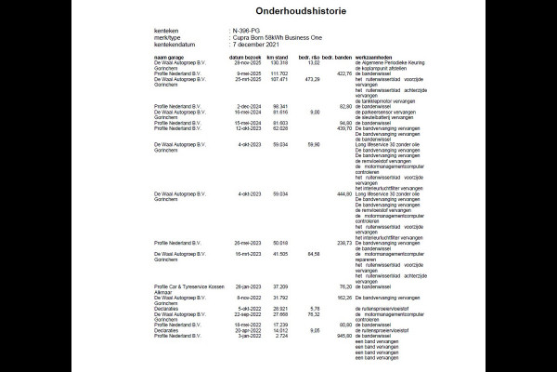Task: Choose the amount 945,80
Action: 343,335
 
